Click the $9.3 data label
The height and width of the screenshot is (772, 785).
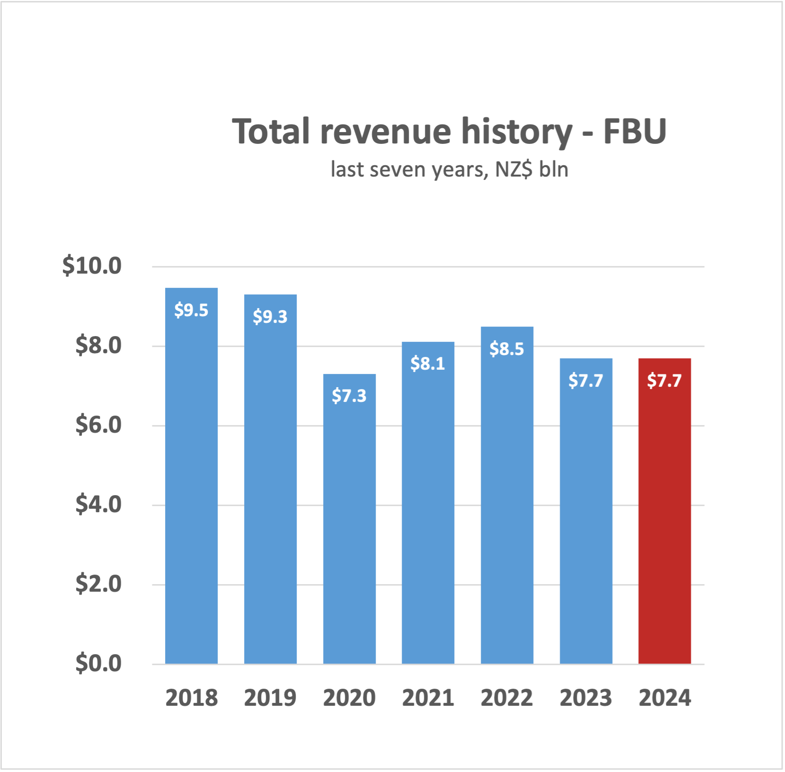(270, 317)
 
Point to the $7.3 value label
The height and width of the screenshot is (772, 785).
(349, 396)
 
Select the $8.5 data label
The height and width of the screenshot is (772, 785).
(507, 349)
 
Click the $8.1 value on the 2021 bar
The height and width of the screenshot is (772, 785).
(428, 364)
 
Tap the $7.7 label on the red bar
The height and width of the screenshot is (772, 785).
(664, 381)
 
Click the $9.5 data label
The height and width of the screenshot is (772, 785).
(191, 310)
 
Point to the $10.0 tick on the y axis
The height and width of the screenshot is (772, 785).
(92, 266)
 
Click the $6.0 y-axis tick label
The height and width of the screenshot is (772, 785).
(98, 425)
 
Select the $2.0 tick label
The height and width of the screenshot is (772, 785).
(98, 584)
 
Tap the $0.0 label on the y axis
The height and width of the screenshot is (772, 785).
(98, 663)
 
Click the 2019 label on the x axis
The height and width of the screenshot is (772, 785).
(270, 698)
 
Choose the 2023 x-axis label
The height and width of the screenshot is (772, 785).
(585, 698)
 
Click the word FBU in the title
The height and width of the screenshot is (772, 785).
(635, 131)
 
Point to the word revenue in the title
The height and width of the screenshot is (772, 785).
(386, 131)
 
